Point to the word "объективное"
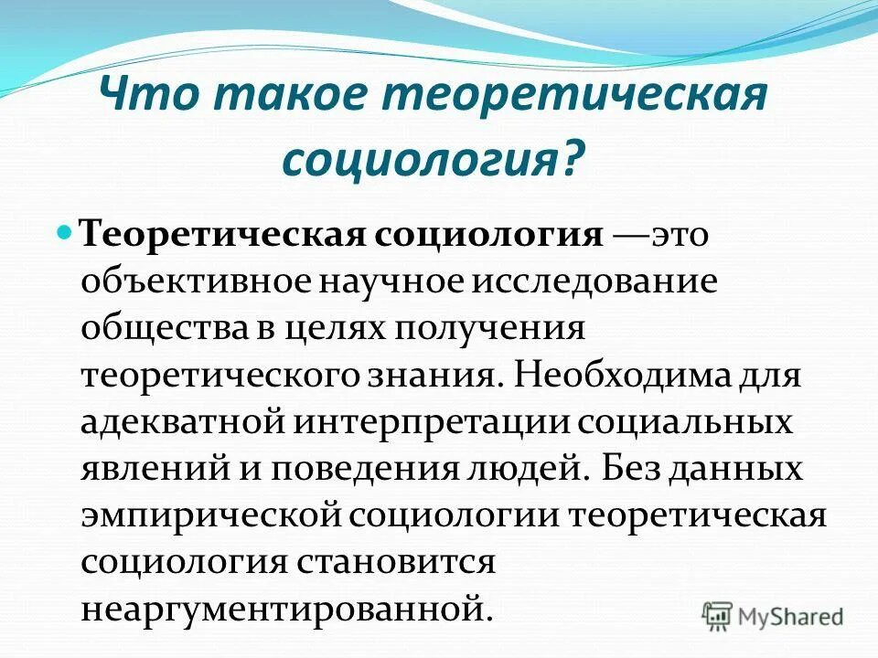click(x=195, y=282)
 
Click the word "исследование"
click(x=594, y=281)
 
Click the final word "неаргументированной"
click(x=281, y=607)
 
